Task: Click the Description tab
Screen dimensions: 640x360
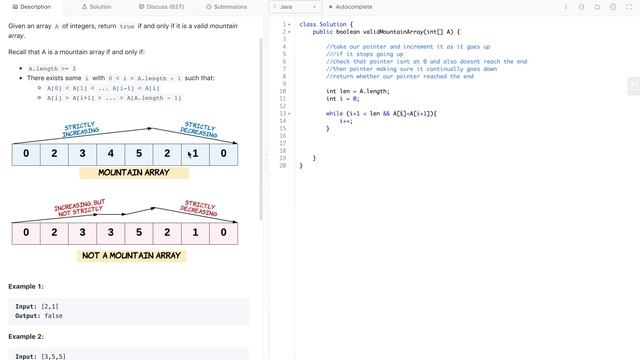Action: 32,7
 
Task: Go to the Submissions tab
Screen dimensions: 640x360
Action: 231,7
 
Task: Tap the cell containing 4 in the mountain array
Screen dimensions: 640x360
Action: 110,154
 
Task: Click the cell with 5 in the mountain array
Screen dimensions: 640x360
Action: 138,154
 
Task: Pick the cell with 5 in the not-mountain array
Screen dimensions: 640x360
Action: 138,234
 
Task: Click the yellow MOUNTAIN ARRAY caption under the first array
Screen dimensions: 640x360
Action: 133,173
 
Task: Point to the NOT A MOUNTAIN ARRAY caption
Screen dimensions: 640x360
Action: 133,256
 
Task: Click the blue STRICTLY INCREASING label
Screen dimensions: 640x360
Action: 80,128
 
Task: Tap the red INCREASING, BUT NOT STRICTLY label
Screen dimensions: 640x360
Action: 79,208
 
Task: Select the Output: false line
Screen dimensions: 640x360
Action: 41,316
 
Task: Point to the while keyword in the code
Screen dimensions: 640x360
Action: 336,113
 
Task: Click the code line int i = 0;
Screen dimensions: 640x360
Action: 343,98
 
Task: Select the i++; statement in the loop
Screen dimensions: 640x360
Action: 346,120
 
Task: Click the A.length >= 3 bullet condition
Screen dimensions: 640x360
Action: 61,68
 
